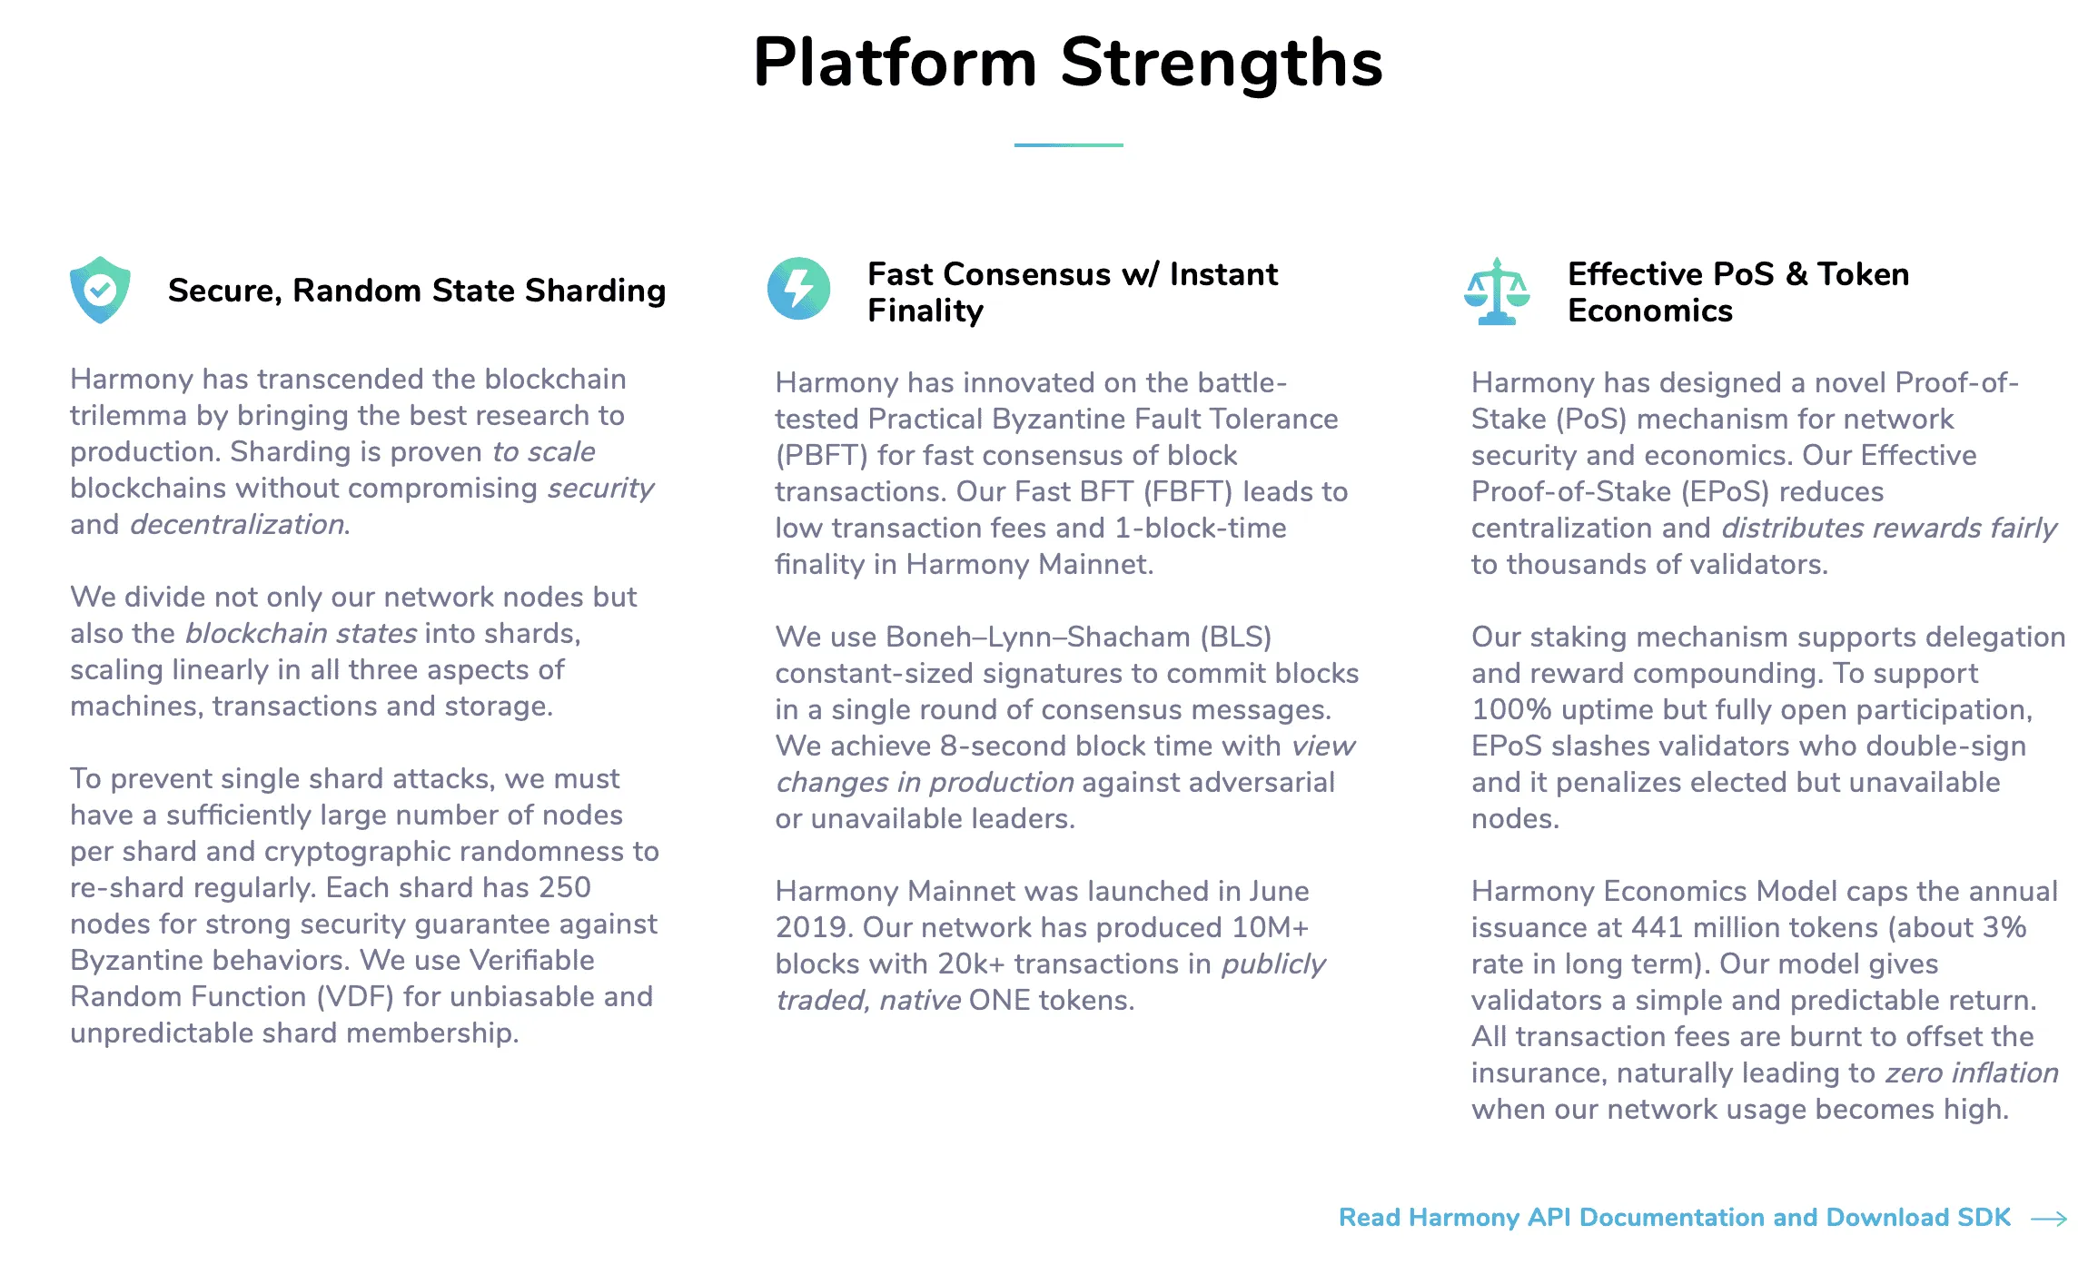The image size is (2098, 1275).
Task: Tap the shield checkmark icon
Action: tap(100, 290)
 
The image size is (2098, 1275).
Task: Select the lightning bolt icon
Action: tap(798, 289)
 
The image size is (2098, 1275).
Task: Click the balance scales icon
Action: tap(1497, 292)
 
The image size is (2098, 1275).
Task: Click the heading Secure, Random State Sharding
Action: tap(417, 291)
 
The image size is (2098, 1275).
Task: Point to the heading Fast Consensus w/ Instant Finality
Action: tap(1072, 292)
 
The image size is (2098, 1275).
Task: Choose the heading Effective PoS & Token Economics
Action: tap(1738, 292)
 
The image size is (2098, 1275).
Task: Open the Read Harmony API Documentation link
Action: tap(1675, 1217)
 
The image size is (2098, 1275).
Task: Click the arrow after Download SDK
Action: tap(2049, 1219)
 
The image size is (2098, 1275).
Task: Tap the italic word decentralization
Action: tap(237, 525)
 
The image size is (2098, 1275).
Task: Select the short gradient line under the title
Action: tap(1068, 145)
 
